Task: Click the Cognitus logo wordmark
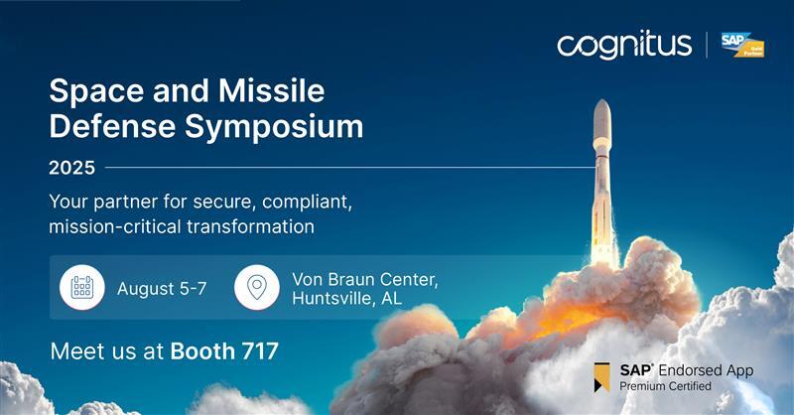(623, 45)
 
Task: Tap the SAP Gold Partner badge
(741, 45)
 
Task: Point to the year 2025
(71, 168)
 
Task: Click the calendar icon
(82, 288)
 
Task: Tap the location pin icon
(257, 288)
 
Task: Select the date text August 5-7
(162, 289)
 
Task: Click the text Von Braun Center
(364, 279)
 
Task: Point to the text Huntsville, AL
(347, 299)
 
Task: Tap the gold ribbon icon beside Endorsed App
(601, 376)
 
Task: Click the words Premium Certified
(666, 386)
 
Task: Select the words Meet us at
(107, 350)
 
